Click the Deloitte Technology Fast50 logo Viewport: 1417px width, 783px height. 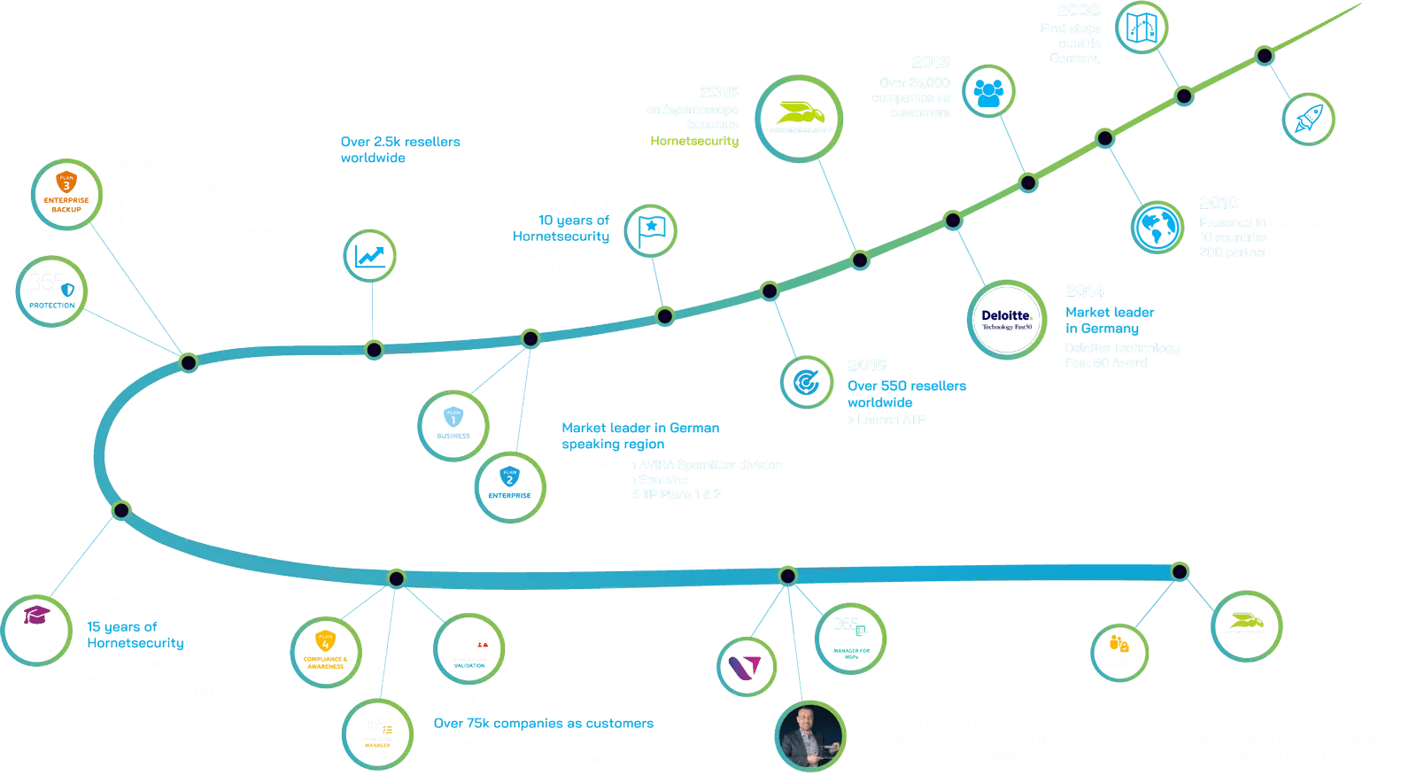click(1005, 318)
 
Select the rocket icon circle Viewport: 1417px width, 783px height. click(1307, 119)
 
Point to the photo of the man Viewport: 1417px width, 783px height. click(808, 735)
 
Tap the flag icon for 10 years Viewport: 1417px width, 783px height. click(651, 229)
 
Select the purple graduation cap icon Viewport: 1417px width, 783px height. click(37, 626)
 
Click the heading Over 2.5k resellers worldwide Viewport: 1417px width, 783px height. click(400, 149)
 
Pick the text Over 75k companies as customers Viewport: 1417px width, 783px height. click(545, 724)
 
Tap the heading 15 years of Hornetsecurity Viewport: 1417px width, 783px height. click(135, 634)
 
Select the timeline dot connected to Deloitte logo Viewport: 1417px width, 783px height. click(952, 220)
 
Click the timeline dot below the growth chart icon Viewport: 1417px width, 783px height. click(375, 348)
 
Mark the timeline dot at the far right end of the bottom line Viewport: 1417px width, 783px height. click(1179, 571)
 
